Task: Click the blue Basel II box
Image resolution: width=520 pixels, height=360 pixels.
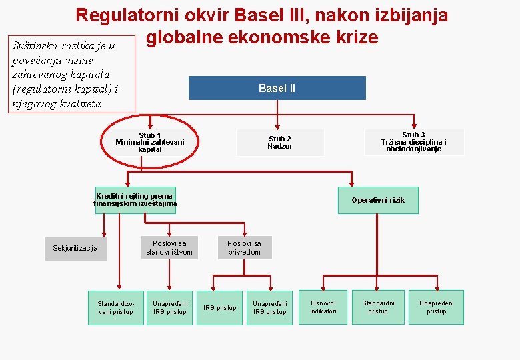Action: pos(277,88)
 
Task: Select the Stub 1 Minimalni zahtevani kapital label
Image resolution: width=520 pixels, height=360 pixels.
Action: pos(150,142)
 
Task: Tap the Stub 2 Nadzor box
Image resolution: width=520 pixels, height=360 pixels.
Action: pos(280,143)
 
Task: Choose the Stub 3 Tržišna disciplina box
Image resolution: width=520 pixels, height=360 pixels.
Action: pos(414,142)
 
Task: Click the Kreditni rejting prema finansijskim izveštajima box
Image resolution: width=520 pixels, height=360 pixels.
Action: pos(135,200)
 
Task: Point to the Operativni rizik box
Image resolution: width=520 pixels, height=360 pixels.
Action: pos(378,200)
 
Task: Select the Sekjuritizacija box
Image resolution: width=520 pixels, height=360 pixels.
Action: pos(75,248)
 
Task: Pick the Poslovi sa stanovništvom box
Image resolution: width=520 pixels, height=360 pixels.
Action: pos(169,247)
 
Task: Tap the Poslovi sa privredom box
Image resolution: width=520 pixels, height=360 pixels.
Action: pos(245,247)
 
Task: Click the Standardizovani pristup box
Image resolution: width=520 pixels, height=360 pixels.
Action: pos(116,307)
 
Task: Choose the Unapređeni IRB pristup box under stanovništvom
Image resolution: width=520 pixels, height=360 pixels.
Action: pos(170,307)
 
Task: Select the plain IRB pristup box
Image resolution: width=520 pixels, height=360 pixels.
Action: pos(219,307)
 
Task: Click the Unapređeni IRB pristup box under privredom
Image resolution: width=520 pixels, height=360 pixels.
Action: pos(270,307)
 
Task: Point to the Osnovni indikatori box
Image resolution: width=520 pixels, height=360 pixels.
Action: pos(323,307)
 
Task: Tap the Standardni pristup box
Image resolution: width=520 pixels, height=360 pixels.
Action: pos(378,307)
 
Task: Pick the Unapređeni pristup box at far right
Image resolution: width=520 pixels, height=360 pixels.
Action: pos(437,307)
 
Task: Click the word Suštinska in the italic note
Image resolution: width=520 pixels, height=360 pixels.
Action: pos(37,46)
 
